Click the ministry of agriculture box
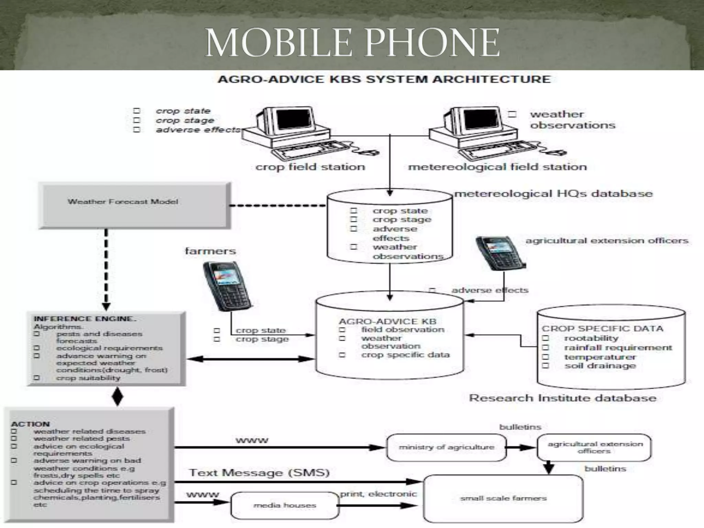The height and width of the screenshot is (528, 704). (x=446, y=447)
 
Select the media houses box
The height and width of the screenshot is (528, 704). (x=285, y=505)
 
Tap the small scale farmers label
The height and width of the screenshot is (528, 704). (x=503, y=498)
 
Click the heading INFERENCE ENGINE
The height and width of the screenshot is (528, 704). (x=85, y=319)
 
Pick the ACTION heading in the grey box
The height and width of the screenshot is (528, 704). (x=30, y=424)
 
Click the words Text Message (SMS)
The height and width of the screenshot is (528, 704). (x=259, y=473)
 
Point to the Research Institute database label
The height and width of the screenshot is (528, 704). (x=562, y=398)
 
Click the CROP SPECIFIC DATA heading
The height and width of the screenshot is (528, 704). (x=602, y=328)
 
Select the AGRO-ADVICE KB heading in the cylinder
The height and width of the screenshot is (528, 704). (x=387, y=321)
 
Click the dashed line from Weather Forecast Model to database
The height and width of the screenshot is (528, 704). (x=277, y=206)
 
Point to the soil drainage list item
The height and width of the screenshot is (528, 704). (x=600, y=366)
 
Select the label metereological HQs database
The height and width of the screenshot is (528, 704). (x=553, y=194)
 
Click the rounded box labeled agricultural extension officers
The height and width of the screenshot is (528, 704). (x=595, y=447)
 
